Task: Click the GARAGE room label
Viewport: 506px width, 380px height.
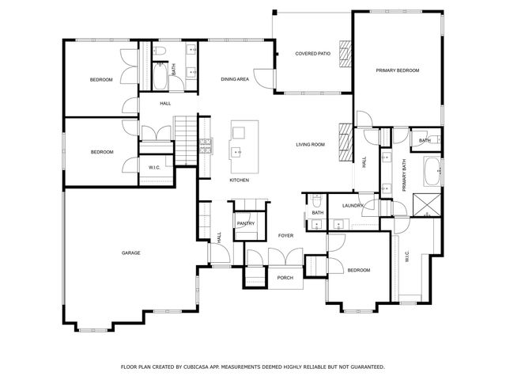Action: [x=130, y=253]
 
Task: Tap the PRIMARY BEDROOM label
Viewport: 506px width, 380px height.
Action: [x=397, y=70]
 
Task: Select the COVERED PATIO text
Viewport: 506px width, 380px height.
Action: [x=312, y=54]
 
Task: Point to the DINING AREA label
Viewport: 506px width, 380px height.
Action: [x=235, y=79]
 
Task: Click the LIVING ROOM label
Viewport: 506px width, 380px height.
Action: [x=311, y=144]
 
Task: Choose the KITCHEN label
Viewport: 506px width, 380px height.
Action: [x=240, y=180]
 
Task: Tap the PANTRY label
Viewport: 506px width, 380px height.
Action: [x=245, y=223]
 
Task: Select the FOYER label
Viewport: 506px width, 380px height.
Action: [x=285, y=235]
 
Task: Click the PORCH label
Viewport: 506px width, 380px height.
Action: [x=285, y=277]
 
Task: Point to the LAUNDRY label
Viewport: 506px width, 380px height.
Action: [x=352, y=206]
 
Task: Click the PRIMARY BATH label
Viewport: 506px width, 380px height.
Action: [x=403, y=175]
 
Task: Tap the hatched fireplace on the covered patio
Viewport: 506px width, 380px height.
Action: [x=345, y=54]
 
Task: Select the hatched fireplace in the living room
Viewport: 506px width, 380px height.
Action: [x=344, y=142]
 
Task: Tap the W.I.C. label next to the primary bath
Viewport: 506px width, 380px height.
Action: [x=407, y=257]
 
